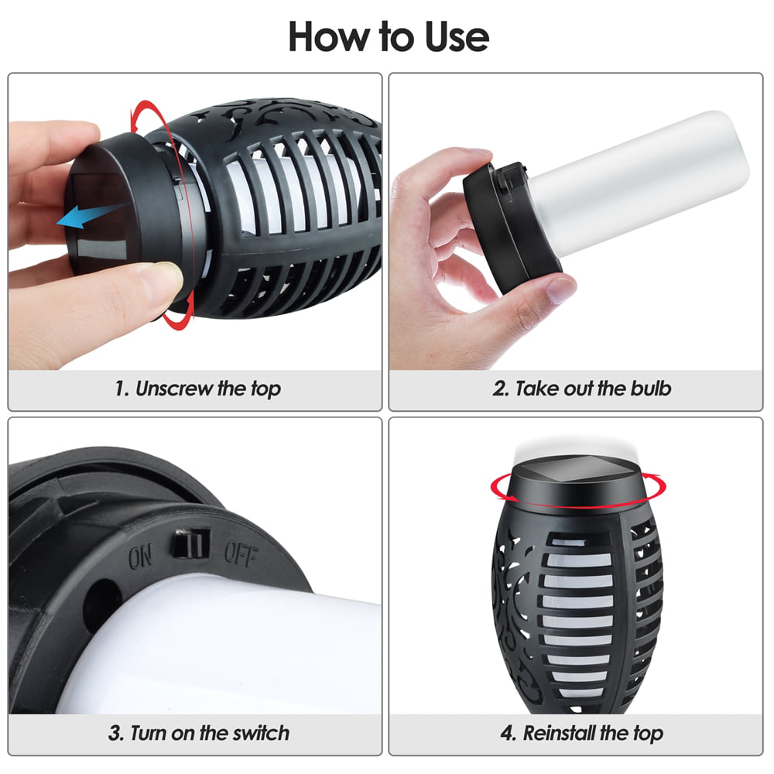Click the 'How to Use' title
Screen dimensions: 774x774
click(x=389, y=36)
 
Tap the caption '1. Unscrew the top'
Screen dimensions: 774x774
click(x=197, y=389)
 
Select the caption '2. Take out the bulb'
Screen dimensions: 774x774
click(x=581, y=389)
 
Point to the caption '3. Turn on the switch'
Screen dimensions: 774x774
click(x=198, y=733)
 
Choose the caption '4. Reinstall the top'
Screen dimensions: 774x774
click(x=581, y=734)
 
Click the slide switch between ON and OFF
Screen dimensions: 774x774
click(x=190, y=543)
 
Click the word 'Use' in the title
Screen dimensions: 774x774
click(x=457, y=36)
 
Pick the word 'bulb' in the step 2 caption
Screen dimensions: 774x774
click(x=650, y=389)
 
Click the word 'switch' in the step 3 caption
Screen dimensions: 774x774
click(x=261, y=733)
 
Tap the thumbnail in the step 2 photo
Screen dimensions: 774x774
click(x=560, y=289)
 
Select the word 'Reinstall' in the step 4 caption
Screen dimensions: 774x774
click(x=559, y=733)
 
